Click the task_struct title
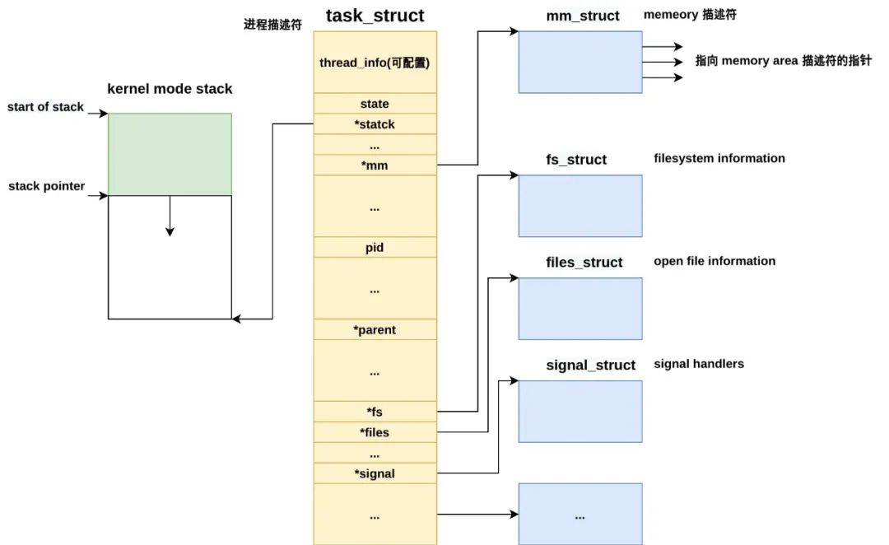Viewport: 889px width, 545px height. [375, 15]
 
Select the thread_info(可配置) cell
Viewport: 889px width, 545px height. [375, 63]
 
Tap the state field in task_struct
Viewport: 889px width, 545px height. [375, 104]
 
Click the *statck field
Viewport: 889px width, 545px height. [375, 124]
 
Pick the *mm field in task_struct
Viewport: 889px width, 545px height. [375, 165]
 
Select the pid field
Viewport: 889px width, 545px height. [375, 247]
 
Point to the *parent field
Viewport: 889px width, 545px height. [375, 329]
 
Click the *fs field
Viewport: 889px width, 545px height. [375, 412]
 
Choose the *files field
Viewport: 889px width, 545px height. [375, 432]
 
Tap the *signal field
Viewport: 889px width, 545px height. [375, 473]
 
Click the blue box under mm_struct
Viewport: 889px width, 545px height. [580, 62]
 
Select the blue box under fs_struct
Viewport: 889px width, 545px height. [580, 206]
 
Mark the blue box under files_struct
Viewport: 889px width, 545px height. [580, 309]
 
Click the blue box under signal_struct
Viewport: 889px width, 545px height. [580, 412]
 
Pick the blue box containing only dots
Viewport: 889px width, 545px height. [580, 514]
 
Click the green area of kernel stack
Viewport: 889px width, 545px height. [170, 154]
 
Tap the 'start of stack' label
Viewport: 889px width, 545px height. [45, 107]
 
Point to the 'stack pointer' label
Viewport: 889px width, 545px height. [46, 186]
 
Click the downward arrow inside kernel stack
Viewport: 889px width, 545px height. [170, 218]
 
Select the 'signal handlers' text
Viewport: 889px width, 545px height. [699, 363]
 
